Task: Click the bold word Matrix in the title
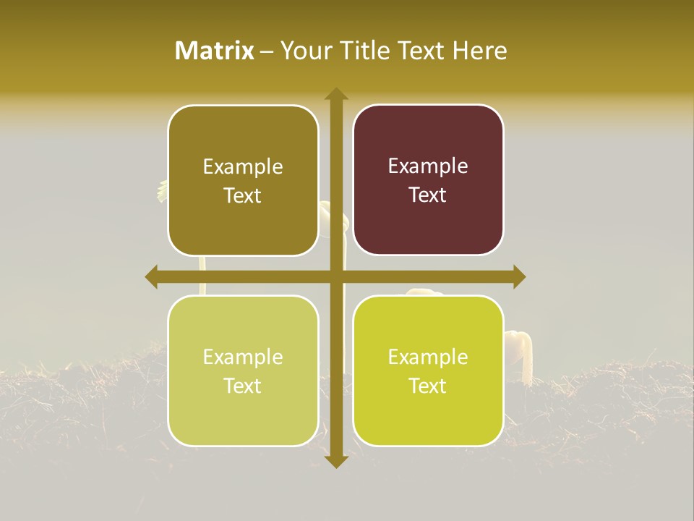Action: point(215,51)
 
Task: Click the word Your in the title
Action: point(304,51)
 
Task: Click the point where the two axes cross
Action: point(336,276)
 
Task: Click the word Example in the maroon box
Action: point(428,166)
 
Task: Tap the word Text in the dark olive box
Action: point(243,195)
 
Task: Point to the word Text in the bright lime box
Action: point(428,386)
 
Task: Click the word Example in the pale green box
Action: point(243,357)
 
